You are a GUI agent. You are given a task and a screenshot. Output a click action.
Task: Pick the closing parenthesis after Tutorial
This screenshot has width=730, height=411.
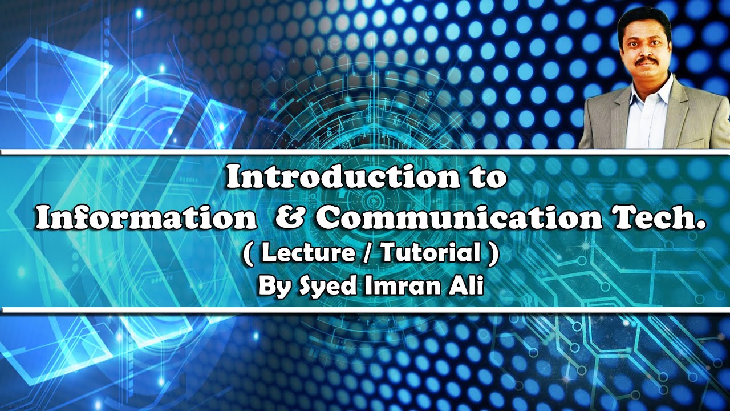tap(493, 254)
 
